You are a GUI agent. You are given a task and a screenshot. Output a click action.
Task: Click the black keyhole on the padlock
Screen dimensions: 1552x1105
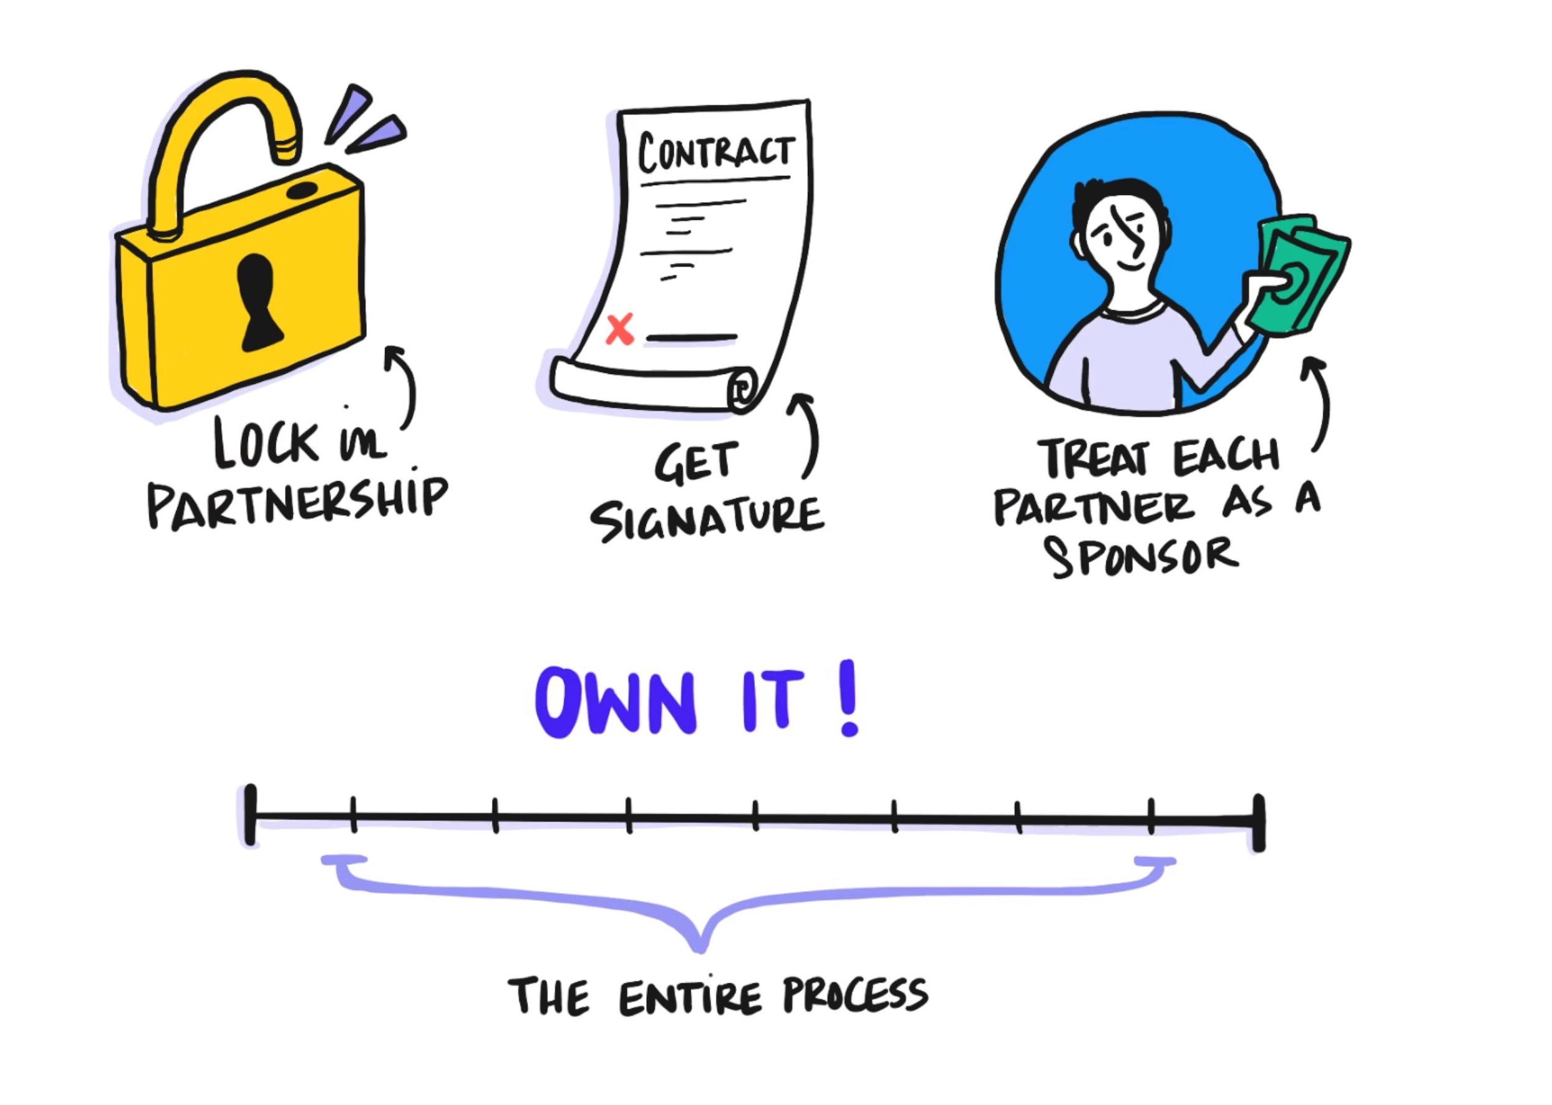coord(259,302)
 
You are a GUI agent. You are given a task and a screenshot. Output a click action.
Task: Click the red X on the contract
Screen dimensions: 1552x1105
coord(619,329)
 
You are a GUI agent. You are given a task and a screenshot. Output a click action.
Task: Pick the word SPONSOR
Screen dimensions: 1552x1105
coord(1143,557)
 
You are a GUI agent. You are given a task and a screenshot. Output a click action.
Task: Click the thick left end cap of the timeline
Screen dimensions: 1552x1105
coord(251,815)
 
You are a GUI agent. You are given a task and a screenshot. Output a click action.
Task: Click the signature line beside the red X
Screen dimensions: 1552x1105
coord(691,337)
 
